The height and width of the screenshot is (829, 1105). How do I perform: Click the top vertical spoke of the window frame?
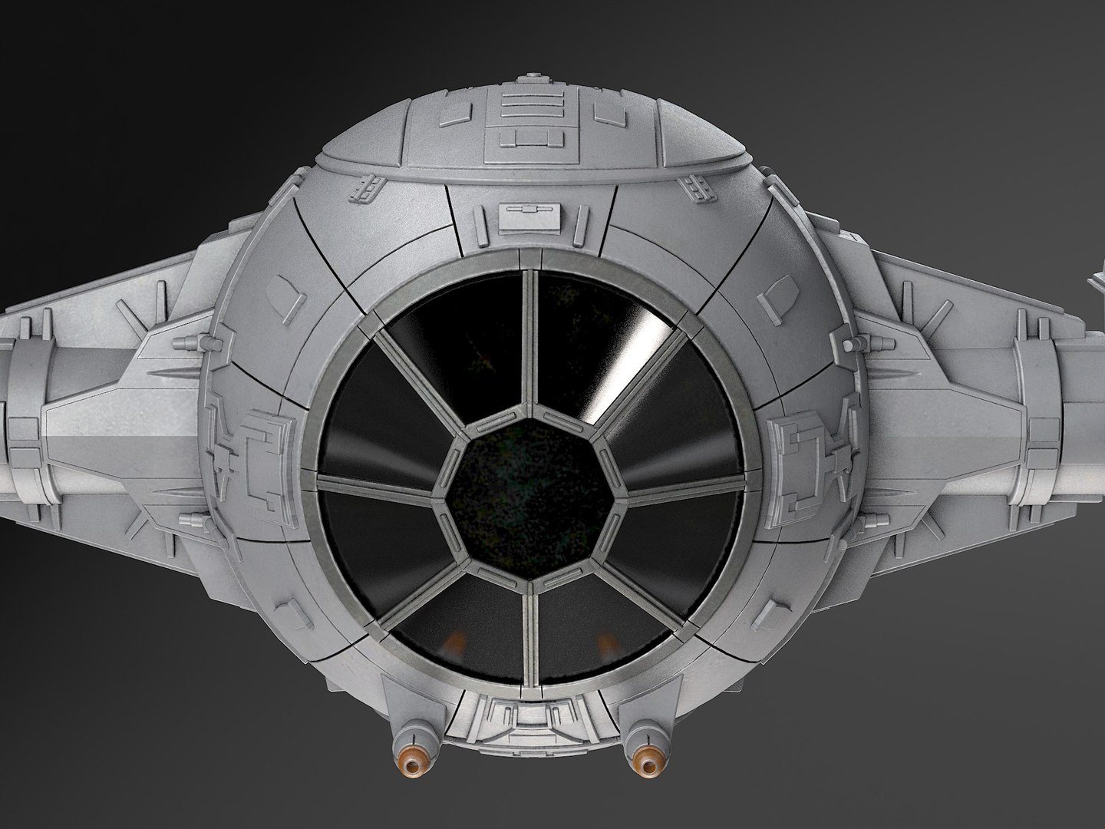click(528, 338)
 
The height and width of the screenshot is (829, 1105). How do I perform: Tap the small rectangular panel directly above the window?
click(520, 217)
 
